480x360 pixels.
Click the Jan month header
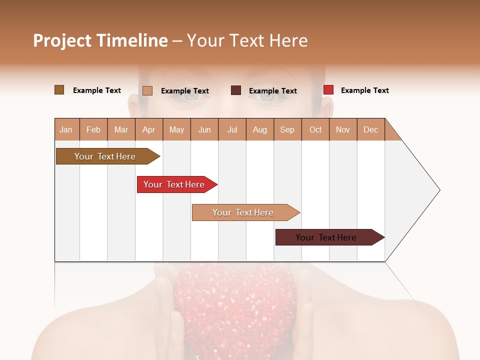66,129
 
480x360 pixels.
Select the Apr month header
149,129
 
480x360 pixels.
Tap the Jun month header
204,129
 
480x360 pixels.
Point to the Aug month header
260,129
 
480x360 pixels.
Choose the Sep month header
287,129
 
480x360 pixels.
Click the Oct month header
315,129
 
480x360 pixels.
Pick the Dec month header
371,129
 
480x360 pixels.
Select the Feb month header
93,129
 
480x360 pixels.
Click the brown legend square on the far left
59,90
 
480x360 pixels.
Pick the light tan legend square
147,90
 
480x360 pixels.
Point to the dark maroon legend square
236,90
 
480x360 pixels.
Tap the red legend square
328,90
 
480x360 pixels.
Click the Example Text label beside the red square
364,90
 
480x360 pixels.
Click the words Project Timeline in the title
100,40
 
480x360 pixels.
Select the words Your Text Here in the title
247,40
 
